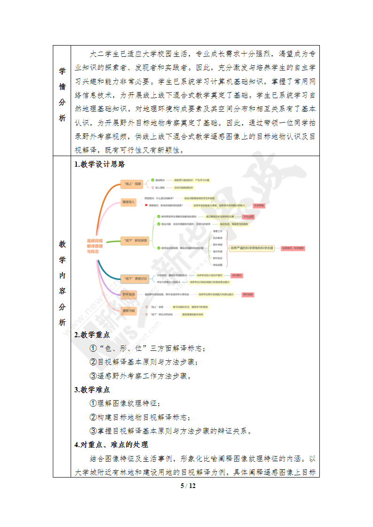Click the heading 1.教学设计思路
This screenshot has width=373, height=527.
click(99, 164)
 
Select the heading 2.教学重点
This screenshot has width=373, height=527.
click(92, 335)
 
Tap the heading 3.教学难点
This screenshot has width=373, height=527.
click(92, 389)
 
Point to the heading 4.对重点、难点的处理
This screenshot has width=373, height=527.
click(111, 444)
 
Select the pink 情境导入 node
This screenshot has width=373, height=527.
click(128, 202)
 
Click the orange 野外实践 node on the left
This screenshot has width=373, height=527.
click(128, 295)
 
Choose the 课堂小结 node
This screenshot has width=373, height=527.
click(128, 310)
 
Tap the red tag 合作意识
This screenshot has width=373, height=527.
click(237, 275)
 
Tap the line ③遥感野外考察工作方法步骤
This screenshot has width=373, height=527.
click(140, 376)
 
